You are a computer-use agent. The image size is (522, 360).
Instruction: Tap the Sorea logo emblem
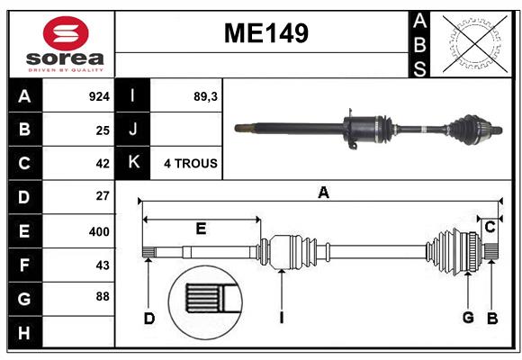tap(66, 33)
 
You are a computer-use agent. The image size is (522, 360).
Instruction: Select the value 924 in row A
tap(99, 95)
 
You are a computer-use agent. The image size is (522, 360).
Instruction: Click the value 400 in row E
tap(99, 231)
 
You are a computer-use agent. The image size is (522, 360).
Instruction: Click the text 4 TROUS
tap(190, 164)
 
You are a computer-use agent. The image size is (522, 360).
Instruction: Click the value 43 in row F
tap(102, 265)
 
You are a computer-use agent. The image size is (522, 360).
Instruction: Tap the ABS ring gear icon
tap(478, 43)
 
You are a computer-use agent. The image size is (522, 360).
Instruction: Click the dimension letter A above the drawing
tap(323, 192)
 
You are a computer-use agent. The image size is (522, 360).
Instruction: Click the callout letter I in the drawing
tap(282, 317)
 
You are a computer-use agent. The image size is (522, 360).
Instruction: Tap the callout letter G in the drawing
tap(468, 317)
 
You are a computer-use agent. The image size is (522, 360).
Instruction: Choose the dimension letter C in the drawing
tap(490, 228)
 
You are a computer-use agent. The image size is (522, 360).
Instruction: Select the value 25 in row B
tap(102, 130)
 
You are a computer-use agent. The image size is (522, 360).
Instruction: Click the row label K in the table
tap(133, 163)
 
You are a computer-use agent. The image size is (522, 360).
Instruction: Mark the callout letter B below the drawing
tap(492, 317)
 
